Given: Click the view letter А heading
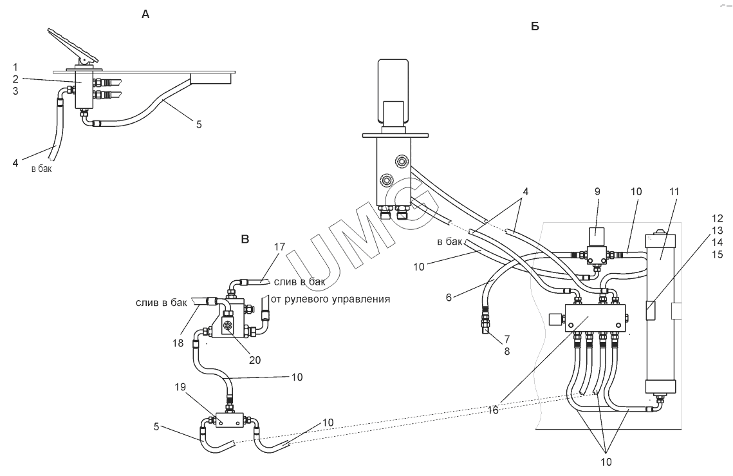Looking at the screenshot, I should point(145,14).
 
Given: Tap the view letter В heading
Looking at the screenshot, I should point(245,240).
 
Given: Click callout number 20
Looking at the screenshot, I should point(255,360).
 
